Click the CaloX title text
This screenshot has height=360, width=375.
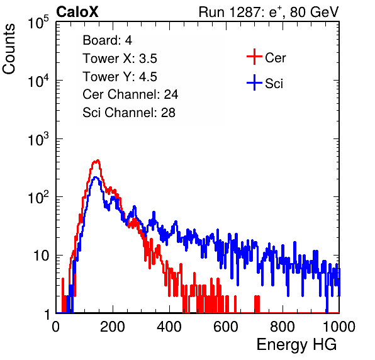pos(77,11)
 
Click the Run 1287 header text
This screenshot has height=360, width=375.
pos(269,12)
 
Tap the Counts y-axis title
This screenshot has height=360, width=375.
pos(9,48)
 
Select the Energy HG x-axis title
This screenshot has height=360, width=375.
pos(296,344)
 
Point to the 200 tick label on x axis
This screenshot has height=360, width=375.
pos(113,327)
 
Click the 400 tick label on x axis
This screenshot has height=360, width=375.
pos(169,327)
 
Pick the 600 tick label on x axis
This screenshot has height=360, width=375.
pos(226,327)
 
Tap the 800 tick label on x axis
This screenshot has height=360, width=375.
pos(283,327)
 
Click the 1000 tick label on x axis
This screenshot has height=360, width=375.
pos(339,327)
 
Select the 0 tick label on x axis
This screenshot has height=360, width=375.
pos(56,327)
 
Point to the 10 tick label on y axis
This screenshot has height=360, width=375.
pos(42,256)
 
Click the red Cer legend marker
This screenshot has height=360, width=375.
pos(254,57)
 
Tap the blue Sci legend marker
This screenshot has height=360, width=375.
pos(254,83)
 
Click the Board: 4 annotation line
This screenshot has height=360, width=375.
pos(107,40)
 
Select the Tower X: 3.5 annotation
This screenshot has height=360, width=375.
pos(120,59)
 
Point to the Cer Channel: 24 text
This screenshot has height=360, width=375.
pos(130,94)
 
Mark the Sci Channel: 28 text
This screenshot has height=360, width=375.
pos(129,113)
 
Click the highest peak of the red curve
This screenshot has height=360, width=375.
pos(98,160)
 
